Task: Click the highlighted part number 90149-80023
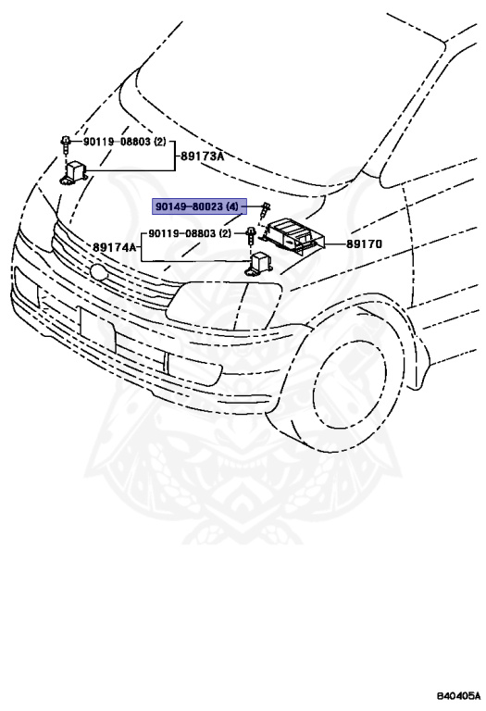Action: click(x=190, y=206)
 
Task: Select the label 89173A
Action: click(x=202, y=156)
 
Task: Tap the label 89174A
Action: click(x=114, y=247)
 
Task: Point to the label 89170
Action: click(x=364, y=244)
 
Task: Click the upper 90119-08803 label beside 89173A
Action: click(x=117, y=142)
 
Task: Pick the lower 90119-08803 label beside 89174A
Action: click(x=182, y=233)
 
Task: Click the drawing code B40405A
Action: click(x=458, y=695)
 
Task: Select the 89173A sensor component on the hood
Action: click(x=74, y=173)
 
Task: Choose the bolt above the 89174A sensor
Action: click(x=250, y=236)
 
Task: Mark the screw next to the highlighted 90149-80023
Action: click(x=265, y=210)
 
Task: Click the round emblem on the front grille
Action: click(x=99, y=272)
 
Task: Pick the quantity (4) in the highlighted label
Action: click(x=231, y=206)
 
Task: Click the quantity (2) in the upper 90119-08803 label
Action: click(x=160, y=142)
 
